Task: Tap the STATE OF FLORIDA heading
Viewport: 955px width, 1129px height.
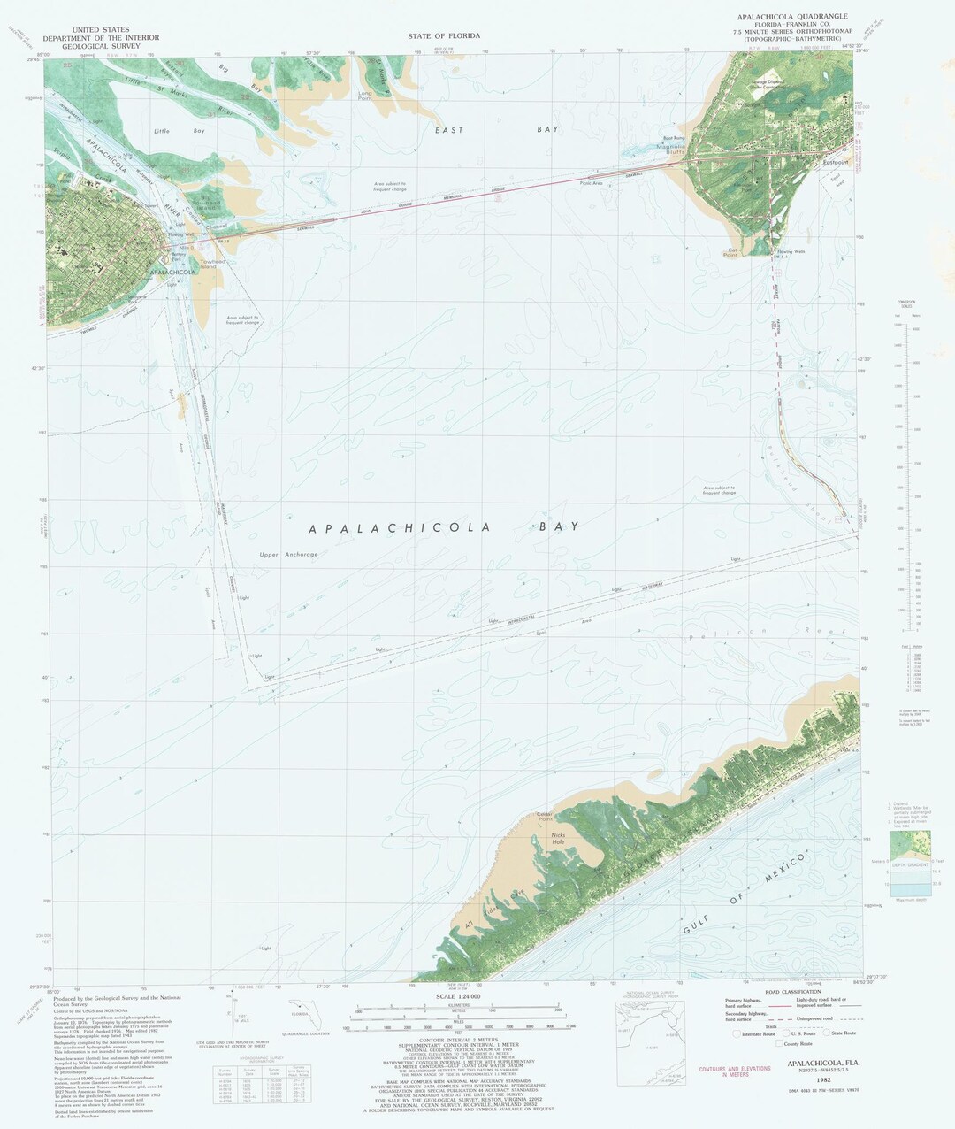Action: pos(444,35)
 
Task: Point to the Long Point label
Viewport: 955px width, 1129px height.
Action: pos(365,94)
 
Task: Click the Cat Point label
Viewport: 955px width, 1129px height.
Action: pos(730,252)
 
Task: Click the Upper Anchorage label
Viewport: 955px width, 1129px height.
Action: pos(288,555)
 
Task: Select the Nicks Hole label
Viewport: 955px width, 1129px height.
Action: pos(558,838)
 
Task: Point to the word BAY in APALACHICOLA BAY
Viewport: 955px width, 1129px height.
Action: pos(558,526)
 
